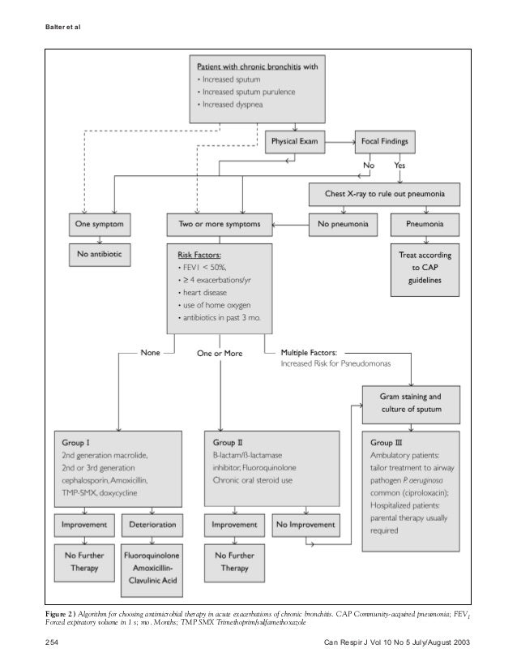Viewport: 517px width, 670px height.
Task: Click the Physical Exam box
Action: coord(295,142)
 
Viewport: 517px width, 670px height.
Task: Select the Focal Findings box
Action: coord(385,142)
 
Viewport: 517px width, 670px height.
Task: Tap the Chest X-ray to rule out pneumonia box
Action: coord(385,195)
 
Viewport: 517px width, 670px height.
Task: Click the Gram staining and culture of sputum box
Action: coord(411,403)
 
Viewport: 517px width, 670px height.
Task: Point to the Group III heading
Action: coord(386,444)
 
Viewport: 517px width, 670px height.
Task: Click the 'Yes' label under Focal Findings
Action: coord(399,166)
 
